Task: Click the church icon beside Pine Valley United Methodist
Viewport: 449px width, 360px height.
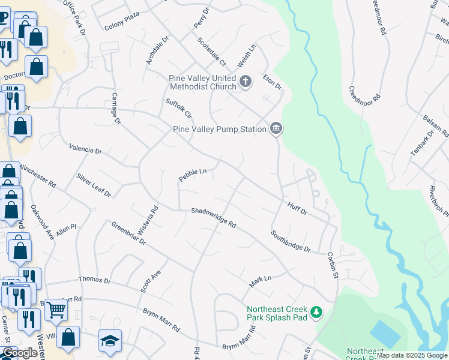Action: pos(245,82)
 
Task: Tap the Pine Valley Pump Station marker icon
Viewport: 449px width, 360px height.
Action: pos(276,128)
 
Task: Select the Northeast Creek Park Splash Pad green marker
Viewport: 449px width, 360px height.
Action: pos(316,313)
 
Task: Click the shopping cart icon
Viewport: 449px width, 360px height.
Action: pos(56,310)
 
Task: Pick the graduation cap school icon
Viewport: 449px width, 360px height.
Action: pos(110,340)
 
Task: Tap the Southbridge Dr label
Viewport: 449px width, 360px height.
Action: pos(291,241)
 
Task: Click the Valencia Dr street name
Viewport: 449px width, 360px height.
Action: pos(85,148)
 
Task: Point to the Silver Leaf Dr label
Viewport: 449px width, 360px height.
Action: pos(94,185)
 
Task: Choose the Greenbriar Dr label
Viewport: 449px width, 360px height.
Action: pos(128,233)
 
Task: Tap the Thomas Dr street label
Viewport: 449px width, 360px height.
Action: pos(95,280)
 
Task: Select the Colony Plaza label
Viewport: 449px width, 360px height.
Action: pos(122,26)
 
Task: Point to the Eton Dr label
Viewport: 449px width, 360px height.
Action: pos(273,82)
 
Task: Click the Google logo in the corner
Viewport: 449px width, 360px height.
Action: pos(20,353)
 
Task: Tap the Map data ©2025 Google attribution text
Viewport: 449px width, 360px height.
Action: pos(412,355)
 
